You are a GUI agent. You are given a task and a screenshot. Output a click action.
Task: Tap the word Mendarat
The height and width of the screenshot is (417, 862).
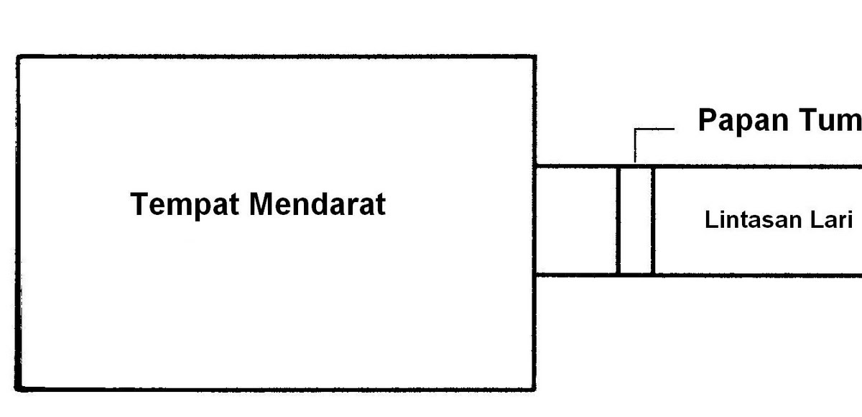click(317, 204)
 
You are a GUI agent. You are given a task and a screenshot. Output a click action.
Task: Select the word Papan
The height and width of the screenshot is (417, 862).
click(739, 121)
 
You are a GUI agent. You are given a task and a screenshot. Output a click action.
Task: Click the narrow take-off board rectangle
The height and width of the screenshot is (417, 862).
click(636, 220)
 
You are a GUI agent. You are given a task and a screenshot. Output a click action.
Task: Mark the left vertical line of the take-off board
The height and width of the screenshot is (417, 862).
click(618, 220)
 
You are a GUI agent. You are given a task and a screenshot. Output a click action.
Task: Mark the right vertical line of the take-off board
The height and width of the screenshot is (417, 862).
click(653, 220)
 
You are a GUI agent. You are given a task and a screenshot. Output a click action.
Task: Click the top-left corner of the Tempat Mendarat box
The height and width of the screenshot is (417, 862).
click(18, 57)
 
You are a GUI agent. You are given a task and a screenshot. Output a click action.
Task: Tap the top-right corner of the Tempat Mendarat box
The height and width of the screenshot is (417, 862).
click(534, 57)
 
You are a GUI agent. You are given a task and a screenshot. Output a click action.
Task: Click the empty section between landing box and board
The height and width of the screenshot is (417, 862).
click(577, 220)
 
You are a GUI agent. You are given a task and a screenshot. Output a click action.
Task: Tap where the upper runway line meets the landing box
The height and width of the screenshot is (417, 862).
click(535, 167)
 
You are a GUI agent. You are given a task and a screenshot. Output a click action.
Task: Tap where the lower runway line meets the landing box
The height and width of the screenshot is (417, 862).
click(535, 275)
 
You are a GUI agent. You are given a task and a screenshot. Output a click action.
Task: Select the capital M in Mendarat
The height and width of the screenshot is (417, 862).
click(261, 204)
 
